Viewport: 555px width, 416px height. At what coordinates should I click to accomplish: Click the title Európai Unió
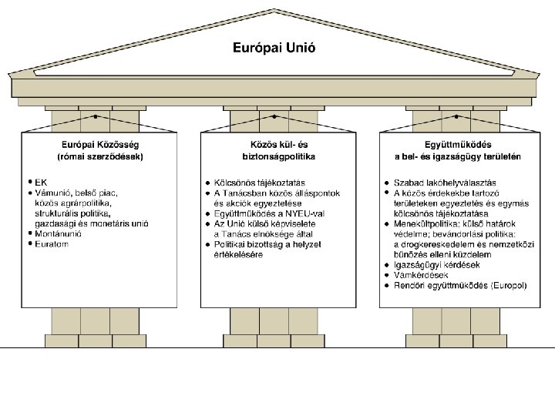tap(274, 48)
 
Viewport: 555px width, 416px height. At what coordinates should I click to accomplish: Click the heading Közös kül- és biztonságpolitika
tap(277, 149)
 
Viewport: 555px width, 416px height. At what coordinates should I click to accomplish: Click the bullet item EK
tap(42, 182)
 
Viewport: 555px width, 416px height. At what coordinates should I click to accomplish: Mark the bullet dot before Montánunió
tap(29, 233)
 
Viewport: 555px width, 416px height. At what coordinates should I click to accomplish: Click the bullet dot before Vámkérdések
tap(385, 275)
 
